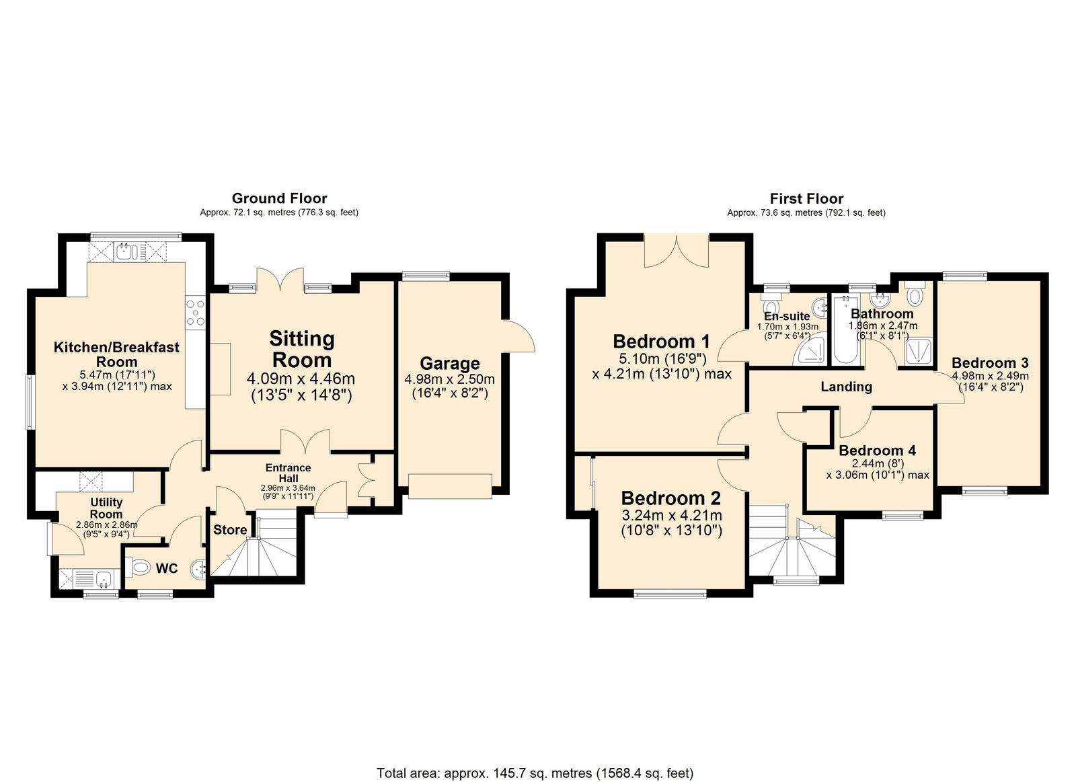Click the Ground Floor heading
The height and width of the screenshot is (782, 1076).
point(279,198)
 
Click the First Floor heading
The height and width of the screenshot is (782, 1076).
point(806,198)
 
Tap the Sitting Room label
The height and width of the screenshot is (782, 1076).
point(302,348)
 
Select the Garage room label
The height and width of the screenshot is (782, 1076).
point(450,364)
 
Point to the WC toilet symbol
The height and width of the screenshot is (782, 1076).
point(139,569)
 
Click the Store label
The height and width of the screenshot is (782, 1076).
point(230,530)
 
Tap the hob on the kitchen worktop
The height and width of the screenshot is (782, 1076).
point(196,312)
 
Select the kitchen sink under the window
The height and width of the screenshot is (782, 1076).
point(126,252)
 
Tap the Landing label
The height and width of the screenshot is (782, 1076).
point(846,387)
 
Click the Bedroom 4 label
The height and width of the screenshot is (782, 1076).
point(877,451)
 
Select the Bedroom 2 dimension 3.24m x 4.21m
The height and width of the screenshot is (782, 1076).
point(671,516)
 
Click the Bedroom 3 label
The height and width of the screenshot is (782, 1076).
point(989,363)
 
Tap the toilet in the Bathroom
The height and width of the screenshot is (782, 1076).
point(915,295)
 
